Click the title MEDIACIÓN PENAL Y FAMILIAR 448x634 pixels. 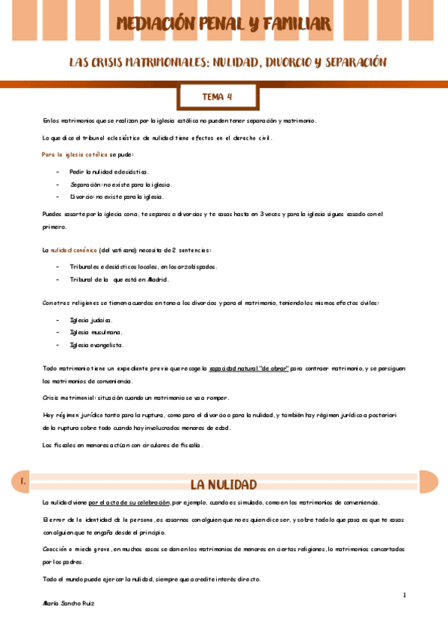tap(224, 24)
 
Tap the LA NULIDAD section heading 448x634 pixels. tap(223, 484)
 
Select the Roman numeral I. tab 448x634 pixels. tap(25, 483)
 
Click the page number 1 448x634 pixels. tap(404, 594)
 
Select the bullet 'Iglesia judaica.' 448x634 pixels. tap(91, 319)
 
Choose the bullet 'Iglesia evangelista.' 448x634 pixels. tap(97, 345)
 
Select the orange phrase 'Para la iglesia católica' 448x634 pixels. tap(76, 154)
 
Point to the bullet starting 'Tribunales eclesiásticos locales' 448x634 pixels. tap(144, 266)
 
